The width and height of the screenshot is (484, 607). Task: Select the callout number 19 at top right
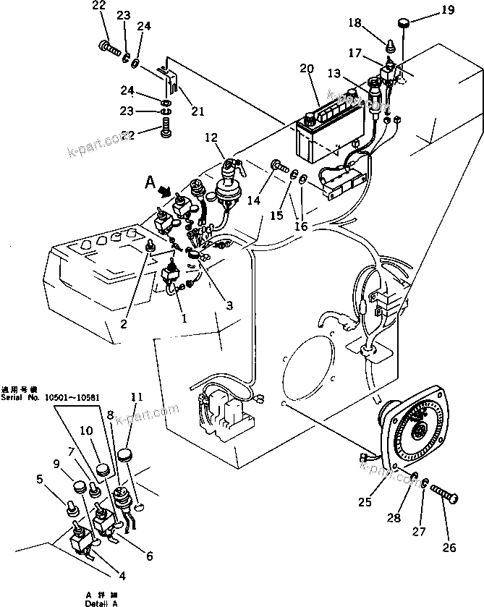pos(448,9)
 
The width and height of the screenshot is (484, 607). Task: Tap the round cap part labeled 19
pos(402,27)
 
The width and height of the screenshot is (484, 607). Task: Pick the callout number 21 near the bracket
pos(198,111)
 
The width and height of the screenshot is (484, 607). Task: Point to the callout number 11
pos(137,396)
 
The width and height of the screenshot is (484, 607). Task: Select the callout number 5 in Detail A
pos(40,478)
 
